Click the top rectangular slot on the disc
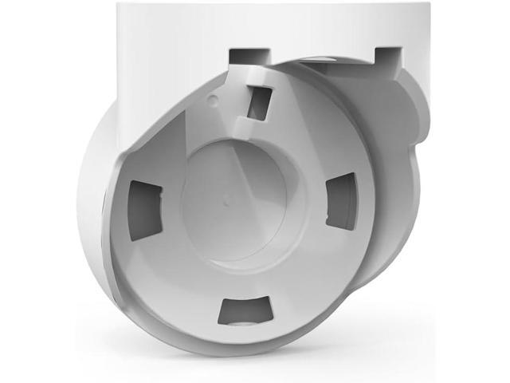click(x=259, y=103)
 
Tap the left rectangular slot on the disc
click(x=145, y=210)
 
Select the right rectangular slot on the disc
click(x=343, y=201)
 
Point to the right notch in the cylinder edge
click(x=386, y=56)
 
